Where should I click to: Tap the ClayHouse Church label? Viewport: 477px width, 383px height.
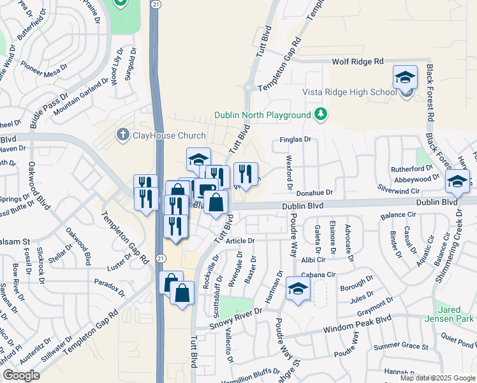pos(169,135)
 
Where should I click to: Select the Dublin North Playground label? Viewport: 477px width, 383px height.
pos(262,115)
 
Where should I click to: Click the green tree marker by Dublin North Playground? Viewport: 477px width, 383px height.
pos(321,115)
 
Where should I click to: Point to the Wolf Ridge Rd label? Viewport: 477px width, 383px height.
pos(358,61)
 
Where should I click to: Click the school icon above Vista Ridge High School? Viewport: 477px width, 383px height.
pos(405,78)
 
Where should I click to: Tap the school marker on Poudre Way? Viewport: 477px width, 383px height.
pos(298,289)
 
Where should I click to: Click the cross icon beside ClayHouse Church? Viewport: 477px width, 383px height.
pos(122,135)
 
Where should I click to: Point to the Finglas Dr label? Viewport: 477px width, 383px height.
pos(295,139)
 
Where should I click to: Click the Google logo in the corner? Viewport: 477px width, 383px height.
pos(21,375)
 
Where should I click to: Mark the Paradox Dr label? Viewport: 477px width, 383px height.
pos(109,283)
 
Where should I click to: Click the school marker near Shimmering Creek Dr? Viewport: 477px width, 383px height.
pos(457,181)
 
